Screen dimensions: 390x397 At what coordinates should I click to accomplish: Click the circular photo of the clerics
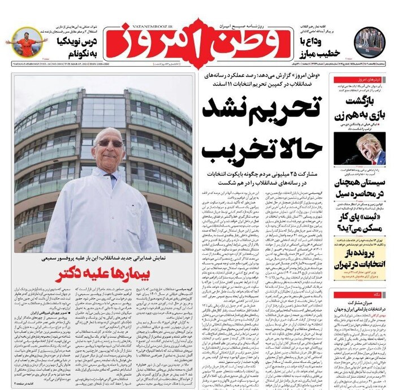[x=370, y=43]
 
